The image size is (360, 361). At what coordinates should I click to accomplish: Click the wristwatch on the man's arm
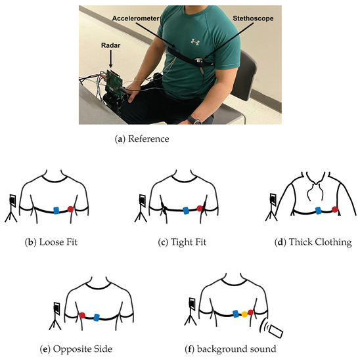tap(195, 119)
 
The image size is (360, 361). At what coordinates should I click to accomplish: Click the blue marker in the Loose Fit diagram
tap(56, 209)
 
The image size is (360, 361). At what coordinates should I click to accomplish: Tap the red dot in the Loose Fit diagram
tap(71, 209)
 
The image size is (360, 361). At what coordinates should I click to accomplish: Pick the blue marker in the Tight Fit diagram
tap(186, 210)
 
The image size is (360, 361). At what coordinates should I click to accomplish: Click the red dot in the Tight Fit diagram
tap(200, 210)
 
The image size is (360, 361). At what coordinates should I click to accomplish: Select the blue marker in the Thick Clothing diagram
tap(319, 211)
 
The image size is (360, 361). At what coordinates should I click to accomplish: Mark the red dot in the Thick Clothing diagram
tap(334, 210)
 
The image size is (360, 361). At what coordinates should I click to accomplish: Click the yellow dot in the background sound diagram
tap(244, 314)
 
